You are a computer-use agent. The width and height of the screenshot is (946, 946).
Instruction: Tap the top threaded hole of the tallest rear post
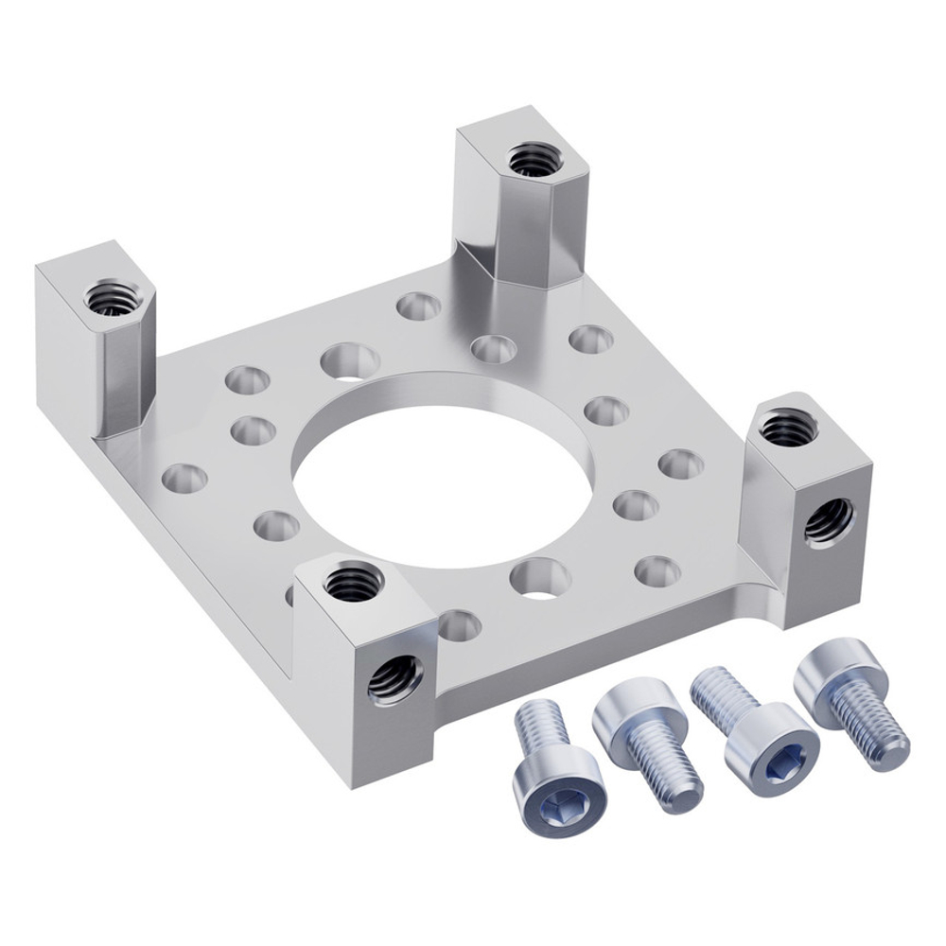[532, 158]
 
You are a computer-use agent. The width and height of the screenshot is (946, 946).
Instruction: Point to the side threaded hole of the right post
[829, 521]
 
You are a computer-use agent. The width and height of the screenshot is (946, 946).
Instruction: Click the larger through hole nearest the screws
[540, 577]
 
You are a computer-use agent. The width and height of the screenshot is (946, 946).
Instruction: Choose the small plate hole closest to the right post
[681, 464]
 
